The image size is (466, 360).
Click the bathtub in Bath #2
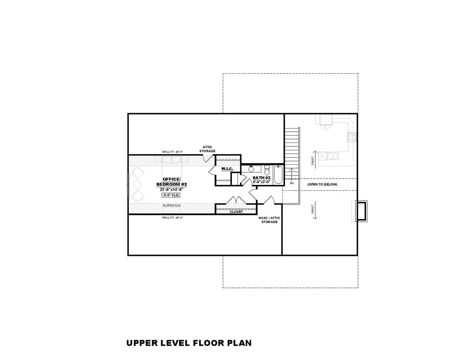click(x=278, y=175)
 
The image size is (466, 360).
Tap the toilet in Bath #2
click(x=267, y=170)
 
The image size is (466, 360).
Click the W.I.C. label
click(x=227, y=169)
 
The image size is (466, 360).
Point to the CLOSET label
click(x=236, y=212)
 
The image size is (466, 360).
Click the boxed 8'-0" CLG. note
click(x=172, y=195)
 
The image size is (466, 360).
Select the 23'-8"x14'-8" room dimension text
click(x=172, y=189)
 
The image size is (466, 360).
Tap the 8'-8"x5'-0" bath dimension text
click(x=261, y=181)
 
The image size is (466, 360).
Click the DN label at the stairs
click(x=291, y=183)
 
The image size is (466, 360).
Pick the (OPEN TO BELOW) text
click(x=322, y=184)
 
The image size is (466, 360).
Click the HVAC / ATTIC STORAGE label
click(x=269, y=220)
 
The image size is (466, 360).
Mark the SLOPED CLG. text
click(x=172, y=205)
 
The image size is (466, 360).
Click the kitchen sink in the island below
click(x=333, y=156)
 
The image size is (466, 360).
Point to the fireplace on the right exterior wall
click(x=362, y=211)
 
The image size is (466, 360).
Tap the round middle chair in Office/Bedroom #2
click(x=137, y=183)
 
